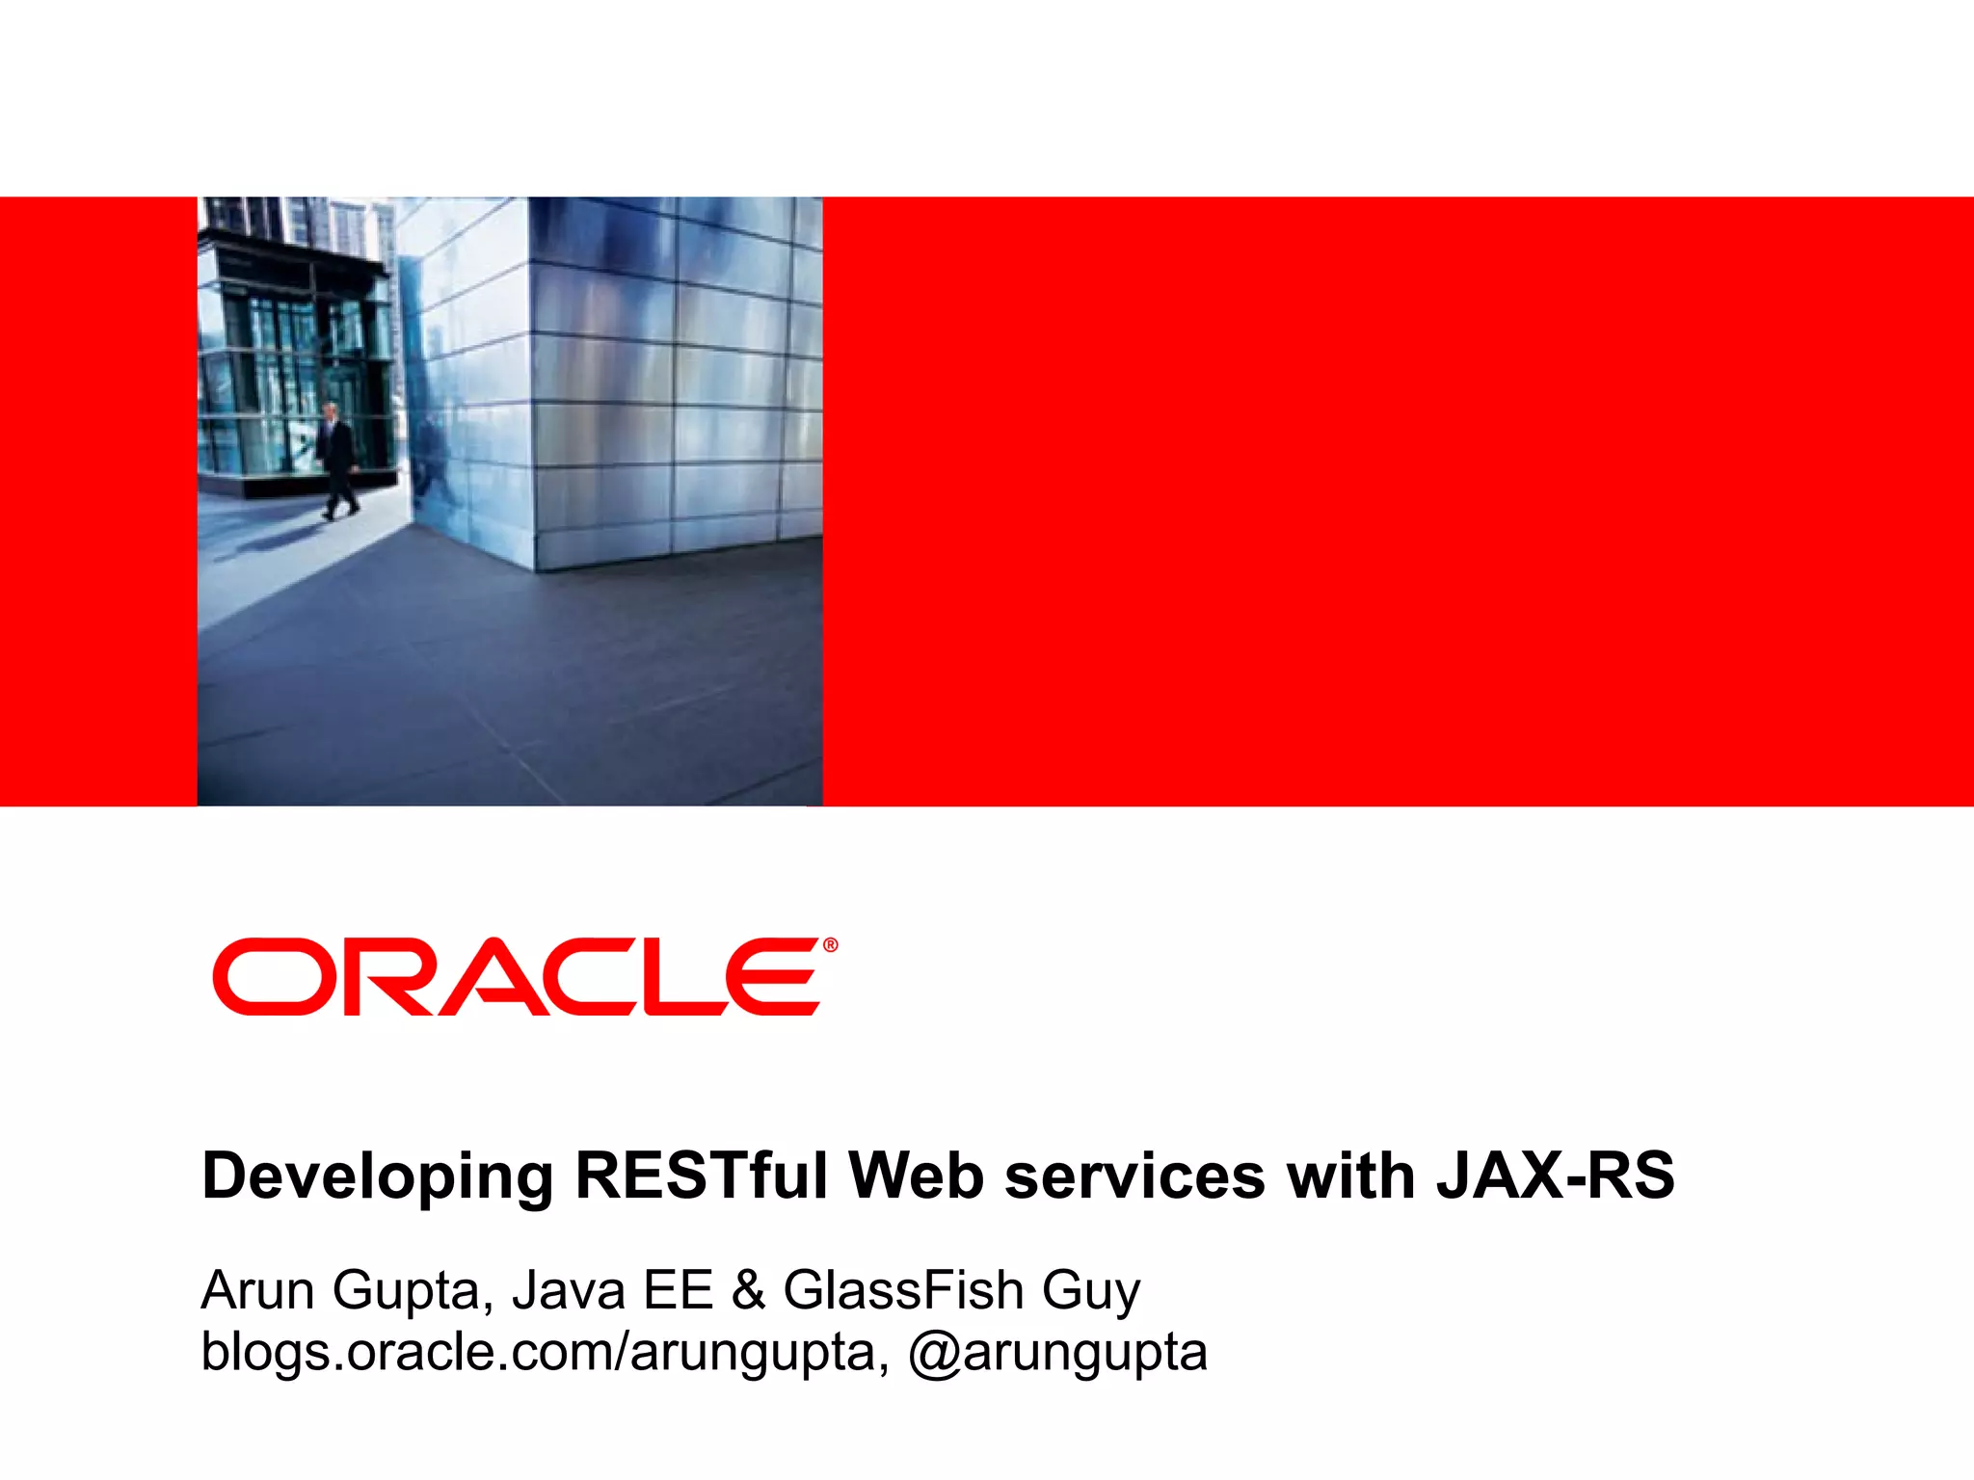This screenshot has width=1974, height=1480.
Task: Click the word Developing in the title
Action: click(377, 1176)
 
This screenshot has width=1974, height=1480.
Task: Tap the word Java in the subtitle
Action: click(569, 1290)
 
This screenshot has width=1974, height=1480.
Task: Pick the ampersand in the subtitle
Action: click(748, 1290)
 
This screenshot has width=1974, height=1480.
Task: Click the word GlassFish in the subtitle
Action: click(903, 1290)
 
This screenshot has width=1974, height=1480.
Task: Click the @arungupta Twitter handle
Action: click(1057, 1352)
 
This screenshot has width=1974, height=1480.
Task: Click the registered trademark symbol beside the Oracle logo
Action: click(830, 945)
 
